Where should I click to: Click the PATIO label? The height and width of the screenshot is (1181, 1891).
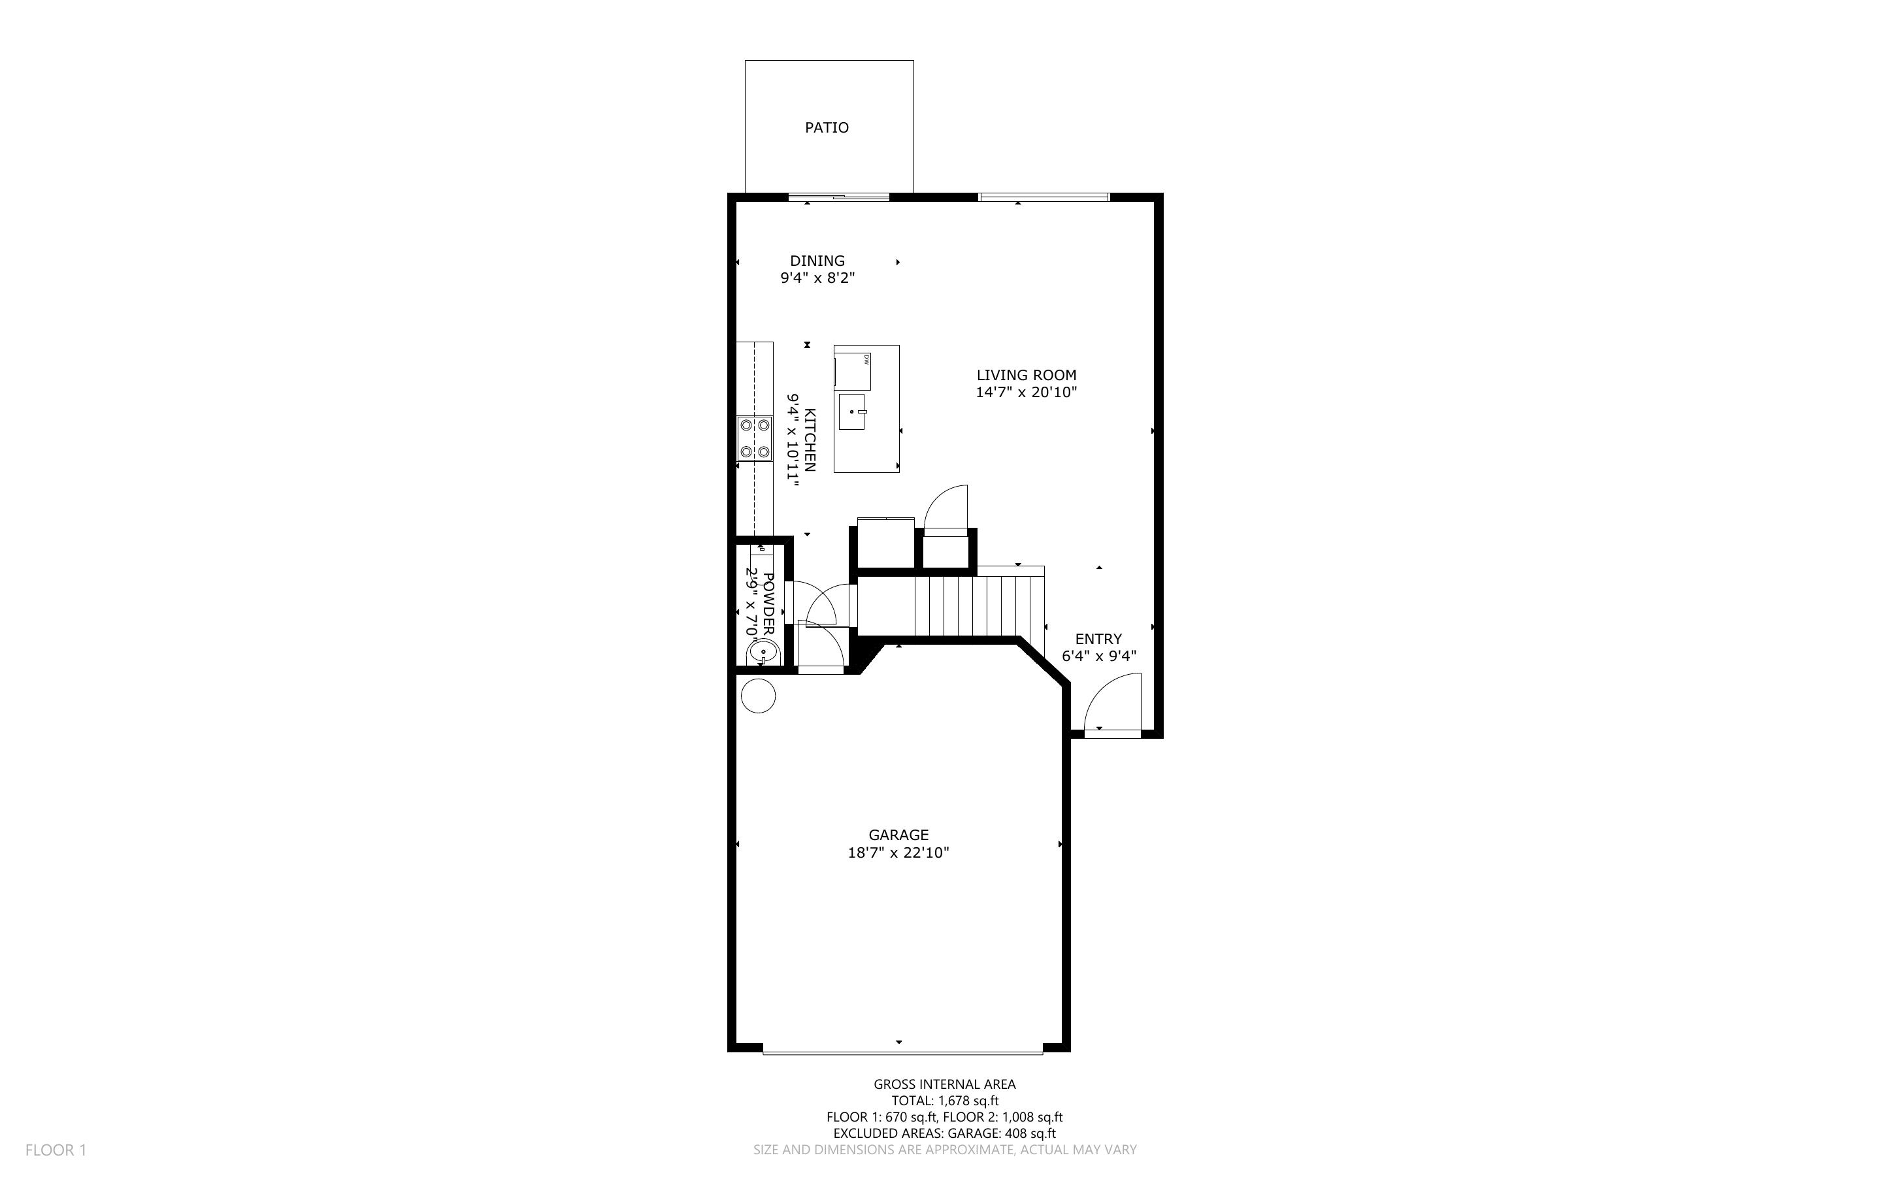coord(827,127)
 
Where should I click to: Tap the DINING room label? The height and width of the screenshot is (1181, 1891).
coord(817,261)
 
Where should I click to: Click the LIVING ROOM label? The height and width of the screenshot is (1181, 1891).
coord(1027,375)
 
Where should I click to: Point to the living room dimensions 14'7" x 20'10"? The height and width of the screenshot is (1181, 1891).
coord(1027,392)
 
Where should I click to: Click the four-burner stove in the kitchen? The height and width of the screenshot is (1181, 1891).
coord(208,438)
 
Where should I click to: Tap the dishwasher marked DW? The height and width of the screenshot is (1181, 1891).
coord(853,371)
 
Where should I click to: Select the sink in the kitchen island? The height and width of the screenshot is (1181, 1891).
coord(852,412)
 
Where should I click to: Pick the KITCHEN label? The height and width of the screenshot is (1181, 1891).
coord(810,440)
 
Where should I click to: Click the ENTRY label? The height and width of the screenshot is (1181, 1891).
coord(1098,639)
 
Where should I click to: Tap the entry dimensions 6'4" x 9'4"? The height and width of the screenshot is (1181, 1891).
coord(1098,656)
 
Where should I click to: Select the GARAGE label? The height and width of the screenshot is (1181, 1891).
coord(898,835)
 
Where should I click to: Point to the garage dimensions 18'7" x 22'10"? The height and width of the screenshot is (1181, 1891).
coord(898,852)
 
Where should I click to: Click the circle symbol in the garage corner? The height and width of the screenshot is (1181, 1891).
coord(758,696)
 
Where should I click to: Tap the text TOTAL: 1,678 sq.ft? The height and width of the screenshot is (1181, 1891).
coord(945,1101)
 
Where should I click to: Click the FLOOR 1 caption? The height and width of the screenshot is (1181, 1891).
coord(56,1150)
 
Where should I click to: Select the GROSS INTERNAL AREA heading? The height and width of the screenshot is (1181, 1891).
coord(944,1084)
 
